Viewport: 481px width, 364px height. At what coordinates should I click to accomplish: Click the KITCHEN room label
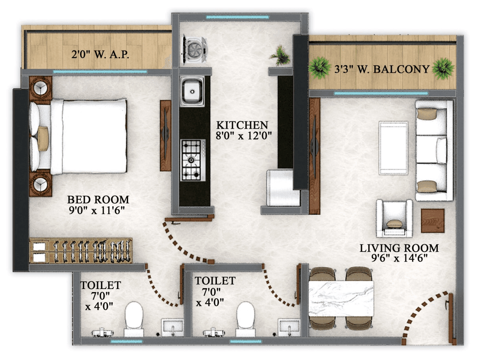point(242,125)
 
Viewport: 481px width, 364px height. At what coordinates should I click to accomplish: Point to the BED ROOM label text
point(98,199)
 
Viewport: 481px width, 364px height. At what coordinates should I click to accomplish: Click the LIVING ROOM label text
point(399,248)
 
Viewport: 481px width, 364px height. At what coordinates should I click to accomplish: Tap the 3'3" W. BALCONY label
point(381,69)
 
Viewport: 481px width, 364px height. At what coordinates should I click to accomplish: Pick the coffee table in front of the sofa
point(393,148)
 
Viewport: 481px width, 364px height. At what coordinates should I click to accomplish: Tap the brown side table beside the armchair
point(432,221)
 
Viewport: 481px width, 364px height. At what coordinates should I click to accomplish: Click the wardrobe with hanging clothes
point(80,250)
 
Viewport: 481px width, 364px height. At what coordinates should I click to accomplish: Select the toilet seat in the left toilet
point(134,316)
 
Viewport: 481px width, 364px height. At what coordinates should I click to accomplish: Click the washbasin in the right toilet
point(289,326)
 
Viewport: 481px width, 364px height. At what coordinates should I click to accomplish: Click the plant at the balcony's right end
point(443,69)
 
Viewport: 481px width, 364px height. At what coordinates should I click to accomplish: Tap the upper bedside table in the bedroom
point(40,88)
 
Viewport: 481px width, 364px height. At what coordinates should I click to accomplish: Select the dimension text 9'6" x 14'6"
point(399,258)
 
